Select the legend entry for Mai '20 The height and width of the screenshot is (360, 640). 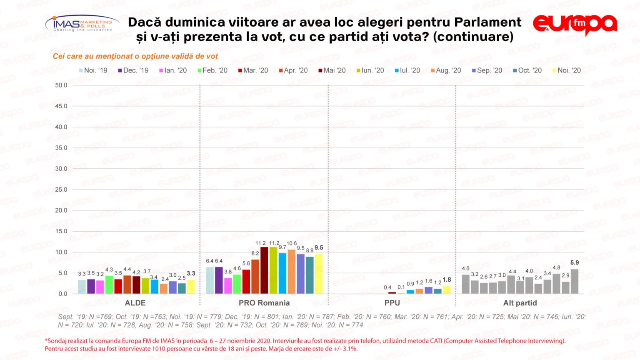pos(332,70)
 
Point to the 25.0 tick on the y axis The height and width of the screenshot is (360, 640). pos(61,190)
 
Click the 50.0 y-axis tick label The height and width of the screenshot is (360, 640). pos(61,85)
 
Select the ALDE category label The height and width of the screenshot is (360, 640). pos(135,303)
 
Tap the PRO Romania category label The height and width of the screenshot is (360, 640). pos(264,303)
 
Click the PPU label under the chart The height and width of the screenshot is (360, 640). pos(392,303)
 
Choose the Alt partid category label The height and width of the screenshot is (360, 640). pos(520,303)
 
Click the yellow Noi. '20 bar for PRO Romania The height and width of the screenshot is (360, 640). pos(319,274)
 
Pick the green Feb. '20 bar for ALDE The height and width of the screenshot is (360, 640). pos(109,285)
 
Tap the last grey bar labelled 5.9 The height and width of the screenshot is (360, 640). pos(575,281)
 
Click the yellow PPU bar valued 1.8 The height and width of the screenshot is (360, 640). pos(447,290)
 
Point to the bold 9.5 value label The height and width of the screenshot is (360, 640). pos(319,247)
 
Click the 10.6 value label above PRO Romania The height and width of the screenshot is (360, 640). pos(292,243)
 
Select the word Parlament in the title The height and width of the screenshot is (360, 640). pos(487,22)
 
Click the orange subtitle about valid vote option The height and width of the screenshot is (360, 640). pos(135,56)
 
